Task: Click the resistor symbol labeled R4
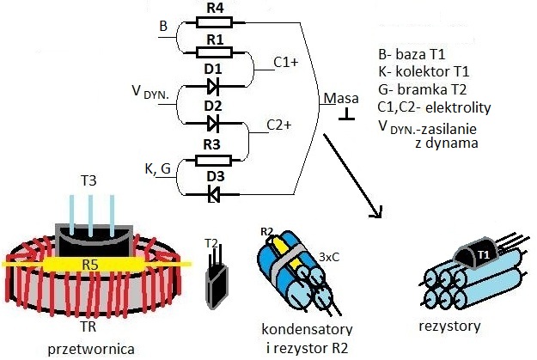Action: pyautogui.click(x=215, y=22)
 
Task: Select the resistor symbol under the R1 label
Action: pyautogui.click(x=215, y=52)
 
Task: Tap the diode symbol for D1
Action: pyautogui.click(x=213, y=86)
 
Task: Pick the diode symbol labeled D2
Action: pyautogui.click(x=213, y=123)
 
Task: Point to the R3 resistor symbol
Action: pyautogui.click(x=213, y=161)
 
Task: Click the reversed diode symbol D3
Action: pyautogui.click(x=214, y=194)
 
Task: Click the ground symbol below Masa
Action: pyautogui.click(x=346, y=114)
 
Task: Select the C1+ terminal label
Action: pyautogui.click(x=286, y=63)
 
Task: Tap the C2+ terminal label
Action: pyautogui.click(x=279, y=125)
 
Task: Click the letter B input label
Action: pyautogui.click(x=163, y=26)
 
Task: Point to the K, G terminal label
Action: pyautogui.click(x=157, y=169)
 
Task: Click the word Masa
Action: pyautogui.click(x=341, y=98)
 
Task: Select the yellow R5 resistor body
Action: pyautogui.click(x=91, y=264)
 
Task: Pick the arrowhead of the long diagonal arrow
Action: pyautogui.click(x=376, y=212)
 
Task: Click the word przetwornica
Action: pyautogui.click(x=91, y=350)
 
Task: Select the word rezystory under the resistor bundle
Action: pyautogui.click(x=449, y=326)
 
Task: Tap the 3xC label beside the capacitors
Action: pyautogui.click(x=329, y=257)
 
